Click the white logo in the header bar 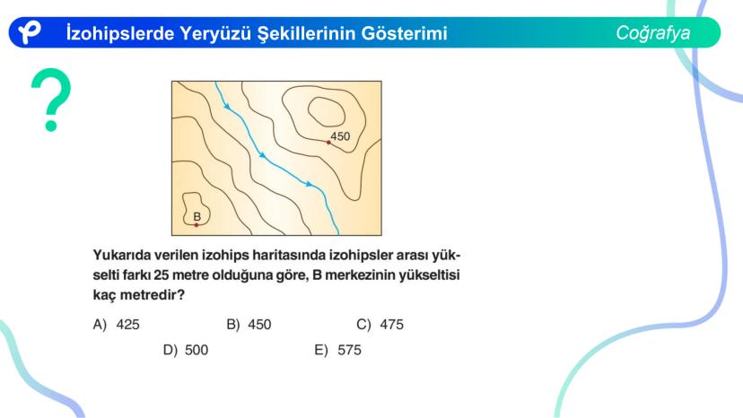30,32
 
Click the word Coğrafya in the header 652,32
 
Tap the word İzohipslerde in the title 120,33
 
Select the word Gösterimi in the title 404,33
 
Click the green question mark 51,100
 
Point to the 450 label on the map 340,136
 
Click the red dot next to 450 328,143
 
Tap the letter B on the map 197,216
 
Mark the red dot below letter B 197,224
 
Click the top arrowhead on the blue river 227,107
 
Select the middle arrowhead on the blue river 262,155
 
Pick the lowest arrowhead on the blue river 309,184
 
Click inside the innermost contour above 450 327,112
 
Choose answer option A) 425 116,325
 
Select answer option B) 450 249,325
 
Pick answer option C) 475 380,325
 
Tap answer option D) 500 185,350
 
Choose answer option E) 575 338,350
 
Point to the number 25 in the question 162,274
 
